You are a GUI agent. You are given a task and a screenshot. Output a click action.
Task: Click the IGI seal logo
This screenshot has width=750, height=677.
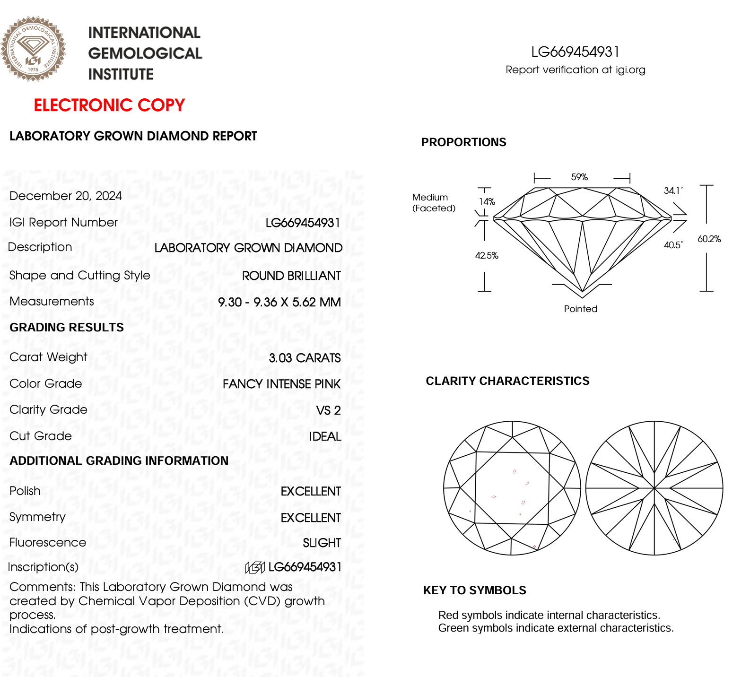tap(33, 49)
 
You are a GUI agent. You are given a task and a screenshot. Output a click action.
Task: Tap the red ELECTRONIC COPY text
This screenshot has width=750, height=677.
tap(109, 105)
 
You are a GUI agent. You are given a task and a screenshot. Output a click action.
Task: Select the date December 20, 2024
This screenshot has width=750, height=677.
tap(66, 196)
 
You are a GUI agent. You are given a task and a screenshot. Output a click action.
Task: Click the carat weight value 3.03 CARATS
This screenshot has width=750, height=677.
tap(305, 358)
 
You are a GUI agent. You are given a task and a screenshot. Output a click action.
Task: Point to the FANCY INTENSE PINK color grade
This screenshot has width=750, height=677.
tap(281, 384)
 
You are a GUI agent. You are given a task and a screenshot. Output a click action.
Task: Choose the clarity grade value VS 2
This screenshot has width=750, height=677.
tap(328, 410)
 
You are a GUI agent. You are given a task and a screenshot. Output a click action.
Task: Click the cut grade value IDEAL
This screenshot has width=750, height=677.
tap(325, 436)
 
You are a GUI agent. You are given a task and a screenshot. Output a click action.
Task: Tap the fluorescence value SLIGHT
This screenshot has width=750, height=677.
tap(322, 543)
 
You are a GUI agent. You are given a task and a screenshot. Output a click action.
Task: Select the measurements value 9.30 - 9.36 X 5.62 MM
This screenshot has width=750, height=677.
tap(279, 302)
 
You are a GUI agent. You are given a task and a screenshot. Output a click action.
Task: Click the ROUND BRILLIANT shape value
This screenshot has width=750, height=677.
tap(291, 276)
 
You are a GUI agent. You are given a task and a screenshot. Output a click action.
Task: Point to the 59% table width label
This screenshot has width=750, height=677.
tap(579, 177)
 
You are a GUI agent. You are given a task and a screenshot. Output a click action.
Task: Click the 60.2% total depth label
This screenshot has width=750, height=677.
tap(709, 239)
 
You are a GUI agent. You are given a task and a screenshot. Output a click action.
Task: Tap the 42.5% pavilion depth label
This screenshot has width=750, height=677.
tap(487, 256)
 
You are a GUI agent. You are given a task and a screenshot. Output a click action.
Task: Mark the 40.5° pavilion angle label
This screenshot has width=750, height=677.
tap(673, 245)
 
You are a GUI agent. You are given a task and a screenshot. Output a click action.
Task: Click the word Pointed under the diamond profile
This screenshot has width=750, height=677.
tap(581, 309)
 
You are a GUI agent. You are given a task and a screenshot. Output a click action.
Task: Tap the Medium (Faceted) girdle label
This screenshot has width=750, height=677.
tap(434, 203)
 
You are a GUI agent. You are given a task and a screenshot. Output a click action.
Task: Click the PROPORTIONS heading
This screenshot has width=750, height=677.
tap(463, 142)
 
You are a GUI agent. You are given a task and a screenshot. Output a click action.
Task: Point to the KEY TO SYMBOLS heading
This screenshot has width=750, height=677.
tap(474, 590)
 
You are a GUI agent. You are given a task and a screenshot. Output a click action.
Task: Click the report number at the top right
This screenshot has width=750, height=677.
tap(575, 52)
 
